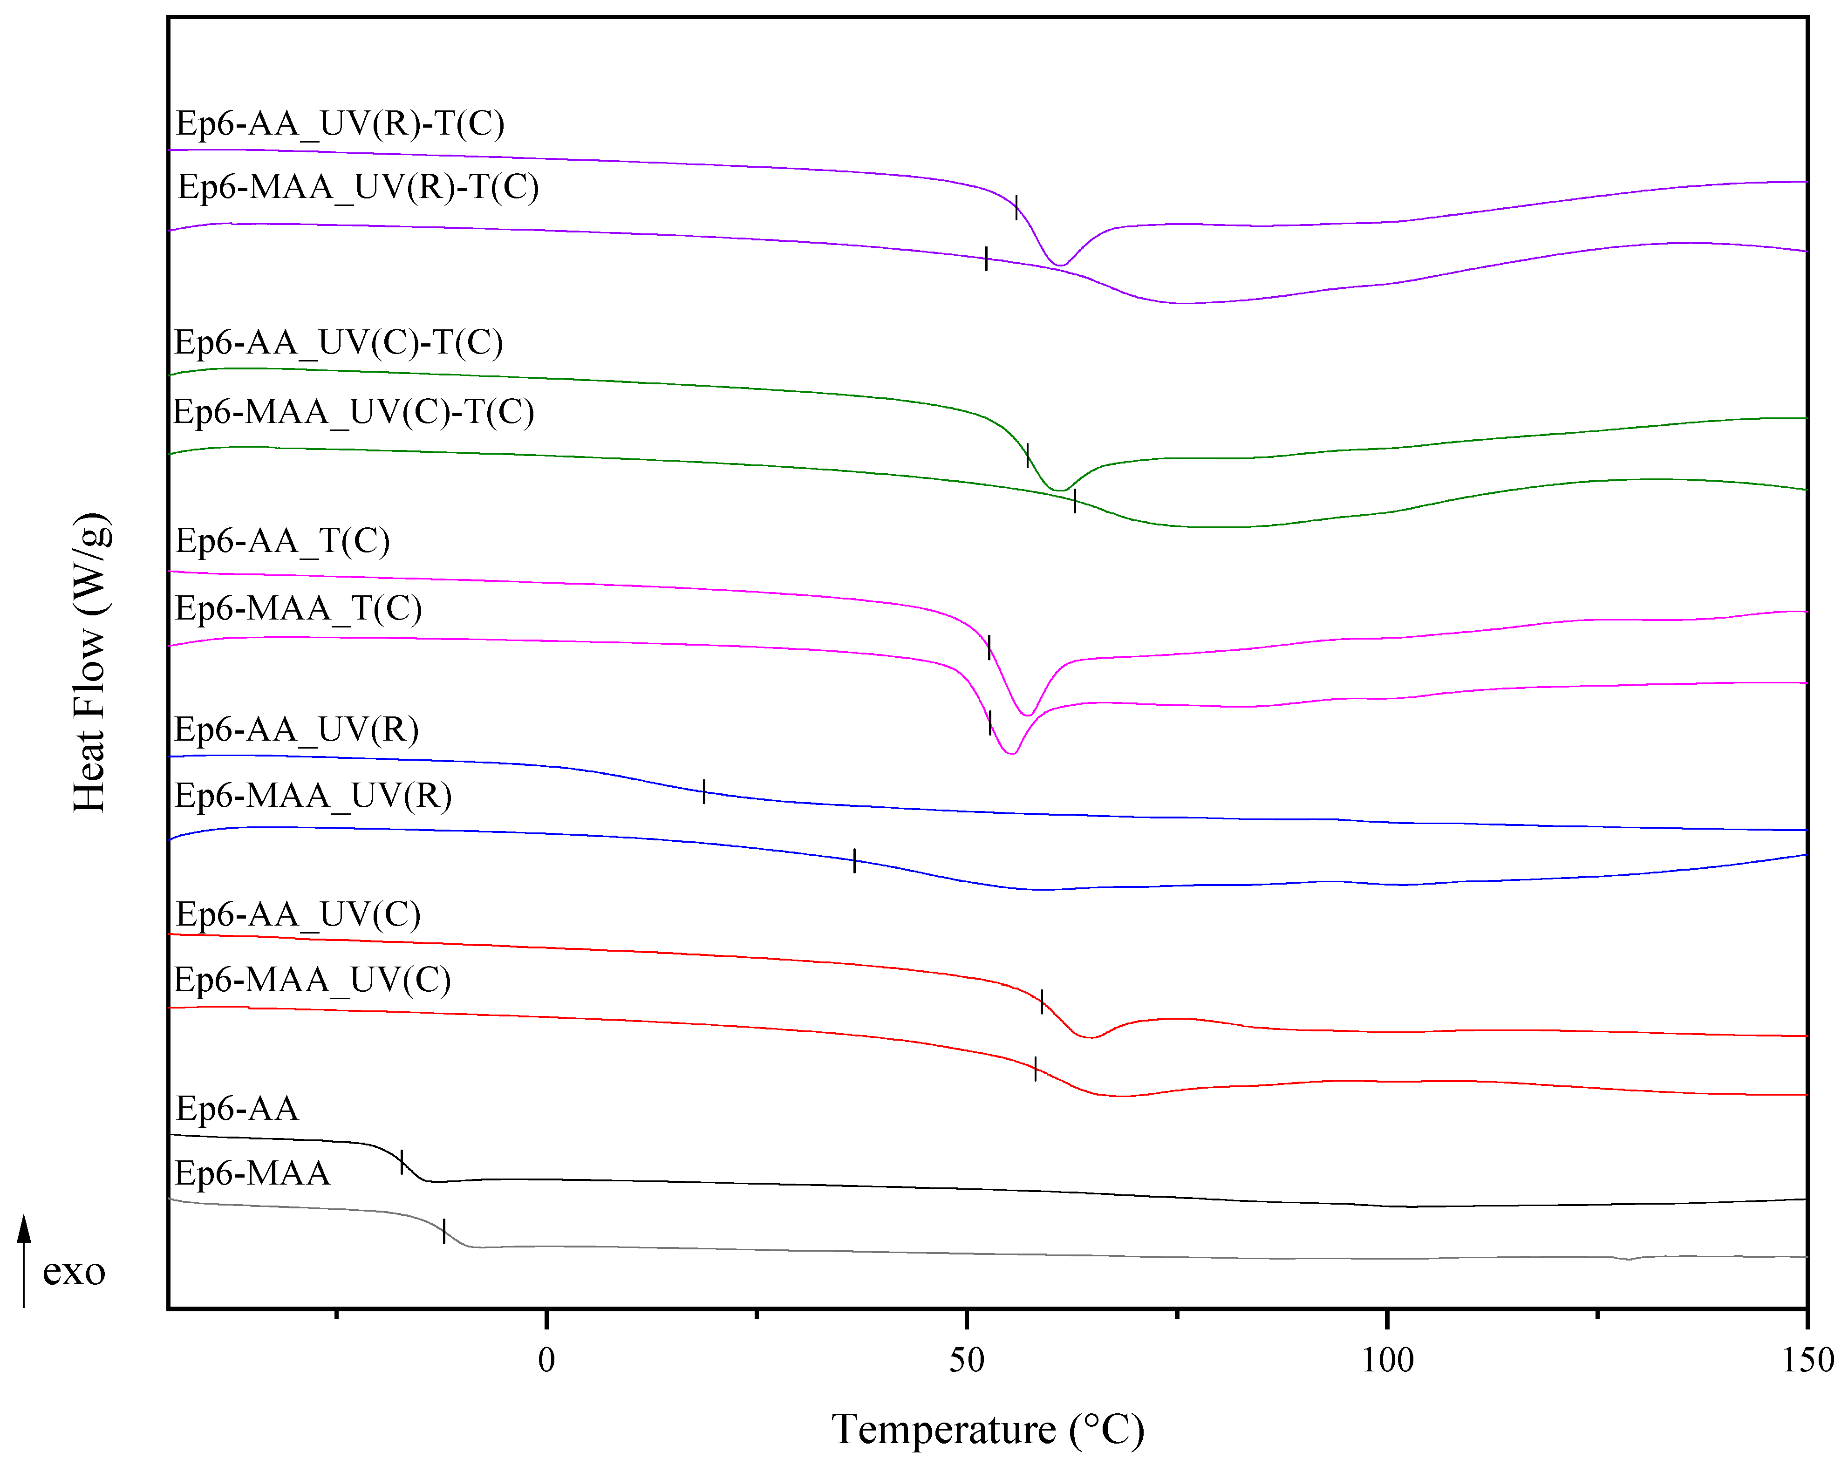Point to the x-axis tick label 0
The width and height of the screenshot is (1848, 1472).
(x=546, y=1361)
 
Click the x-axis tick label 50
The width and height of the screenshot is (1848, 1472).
(x=966, y=1361)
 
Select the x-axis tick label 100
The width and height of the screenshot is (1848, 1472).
(x=1387, y=1361)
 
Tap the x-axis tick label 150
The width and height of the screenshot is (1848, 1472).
(x=1807, y=1361)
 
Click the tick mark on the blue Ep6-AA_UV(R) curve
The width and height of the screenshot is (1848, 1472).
(x=704, y=791)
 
